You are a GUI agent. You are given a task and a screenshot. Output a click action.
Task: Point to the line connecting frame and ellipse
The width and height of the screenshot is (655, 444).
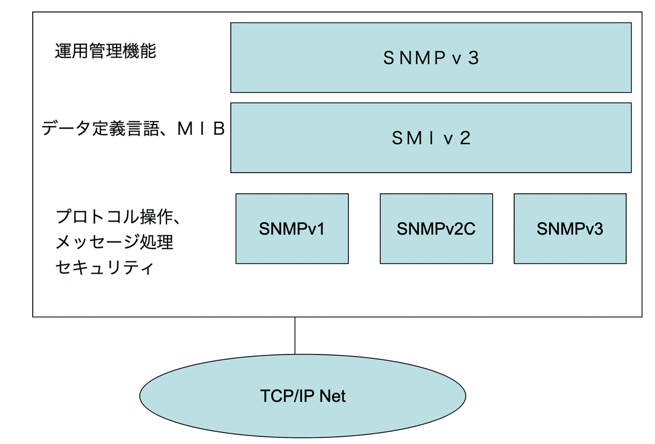pyautogui.click(x=295, y=335)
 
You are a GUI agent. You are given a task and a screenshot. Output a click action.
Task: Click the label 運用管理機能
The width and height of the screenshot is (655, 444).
pyautogui.click(x=105, y=51)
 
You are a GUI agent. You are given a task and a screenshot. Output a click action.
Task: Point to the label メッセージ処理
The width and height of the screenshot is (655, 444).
pyautogui.click(x=115, y=242)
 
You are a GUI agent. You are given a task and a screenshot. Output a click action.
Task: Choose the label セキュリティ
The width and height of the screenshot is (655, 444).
pyautogui.click(x=104, y=268)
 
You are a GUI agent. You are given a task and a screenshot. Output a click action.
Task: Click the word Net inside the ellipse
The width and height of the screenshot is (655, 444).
pyautogui.click(x=332, y=396)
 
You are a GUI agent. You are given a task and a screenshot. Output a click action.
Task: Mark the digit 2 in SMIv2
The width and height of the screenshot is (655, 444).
pyautogui.click(x=465, y=138)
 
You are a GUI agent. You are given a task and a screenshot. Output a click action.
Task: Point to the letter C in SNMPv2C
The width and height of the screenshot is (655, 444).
pyautogui.click(x=469, y=229)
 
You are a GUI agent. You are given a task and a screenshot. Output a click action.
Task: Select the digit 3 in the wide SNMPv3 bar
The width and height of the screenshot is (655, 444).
pyautogui.click(x=473, y=58)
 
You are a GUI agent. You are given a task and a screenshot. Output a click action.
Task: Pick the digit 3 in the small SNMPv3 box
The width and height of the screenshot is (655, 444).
pyautogui.click(x=599, y=229)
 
